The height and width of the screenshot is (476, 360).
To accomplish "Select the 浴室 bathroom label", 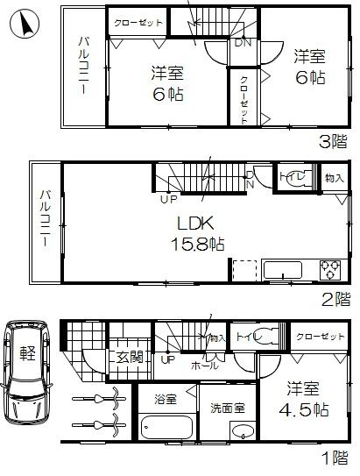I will click(166, 400).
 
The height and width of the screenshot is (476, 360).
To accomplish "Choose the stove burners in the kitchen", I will click(329, 268).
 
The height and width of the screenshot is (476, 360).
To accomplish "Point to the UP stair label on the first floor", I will click(167, 359).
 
